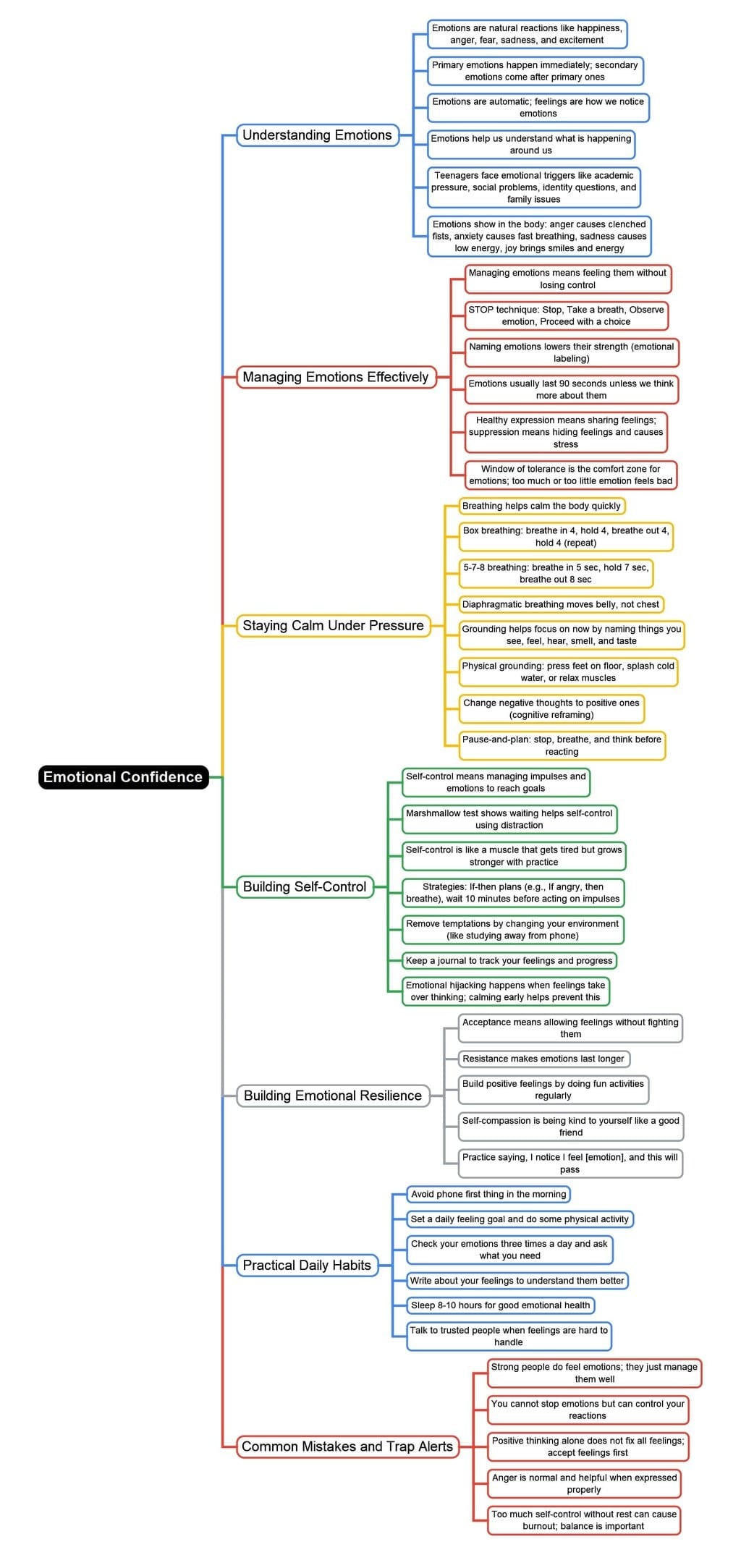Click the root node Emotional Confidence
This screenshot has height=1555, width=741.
click(123, 776)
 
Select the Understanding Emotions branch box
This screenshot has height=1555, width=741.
click(317, 135)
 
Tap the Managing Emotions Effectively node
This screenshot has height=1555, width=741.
click(336, 377)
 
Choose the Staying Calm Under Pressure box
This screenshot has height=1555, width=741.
click(333, 625)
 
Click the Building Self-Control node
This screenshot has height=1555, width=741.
click(305, 886)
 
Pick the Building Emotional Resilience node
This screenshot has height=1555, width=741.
click(332, 1096)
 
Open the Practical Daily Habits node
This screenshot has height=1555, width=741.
click(307, 1265)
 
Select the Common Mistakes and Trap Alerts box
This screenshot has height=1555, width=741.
click(347, 1446)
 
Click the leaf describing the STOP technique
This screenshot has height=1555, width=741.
click(566, 315)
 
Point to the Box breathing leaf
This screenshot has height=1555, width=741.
click(566, 536)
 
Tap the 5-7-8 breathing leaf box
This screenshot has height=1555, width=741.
click(556, 573)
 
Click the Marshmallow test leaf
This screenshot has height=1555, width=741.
click(509, 819)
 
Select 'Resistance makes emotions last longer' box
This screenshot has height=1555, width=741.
click(543, 1059)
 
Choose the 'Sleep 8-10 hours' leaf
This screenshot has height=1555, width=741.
click(500, 1305)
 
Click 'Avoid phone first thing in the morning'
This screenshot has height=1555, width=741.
click(488, 1194)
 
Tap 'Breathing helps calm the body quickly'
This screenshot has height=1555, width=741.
click(541, 506)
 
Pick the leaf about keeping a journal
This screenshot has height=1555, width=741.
click(509, 960)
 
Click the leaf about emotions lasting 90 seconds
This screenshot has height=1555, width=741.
click(571, 389)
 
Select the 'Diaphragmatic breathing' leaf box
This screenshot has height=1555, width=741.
click(561, 604)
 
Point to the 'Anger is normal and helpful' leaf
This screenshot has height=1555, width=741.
click(584, 1483)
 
